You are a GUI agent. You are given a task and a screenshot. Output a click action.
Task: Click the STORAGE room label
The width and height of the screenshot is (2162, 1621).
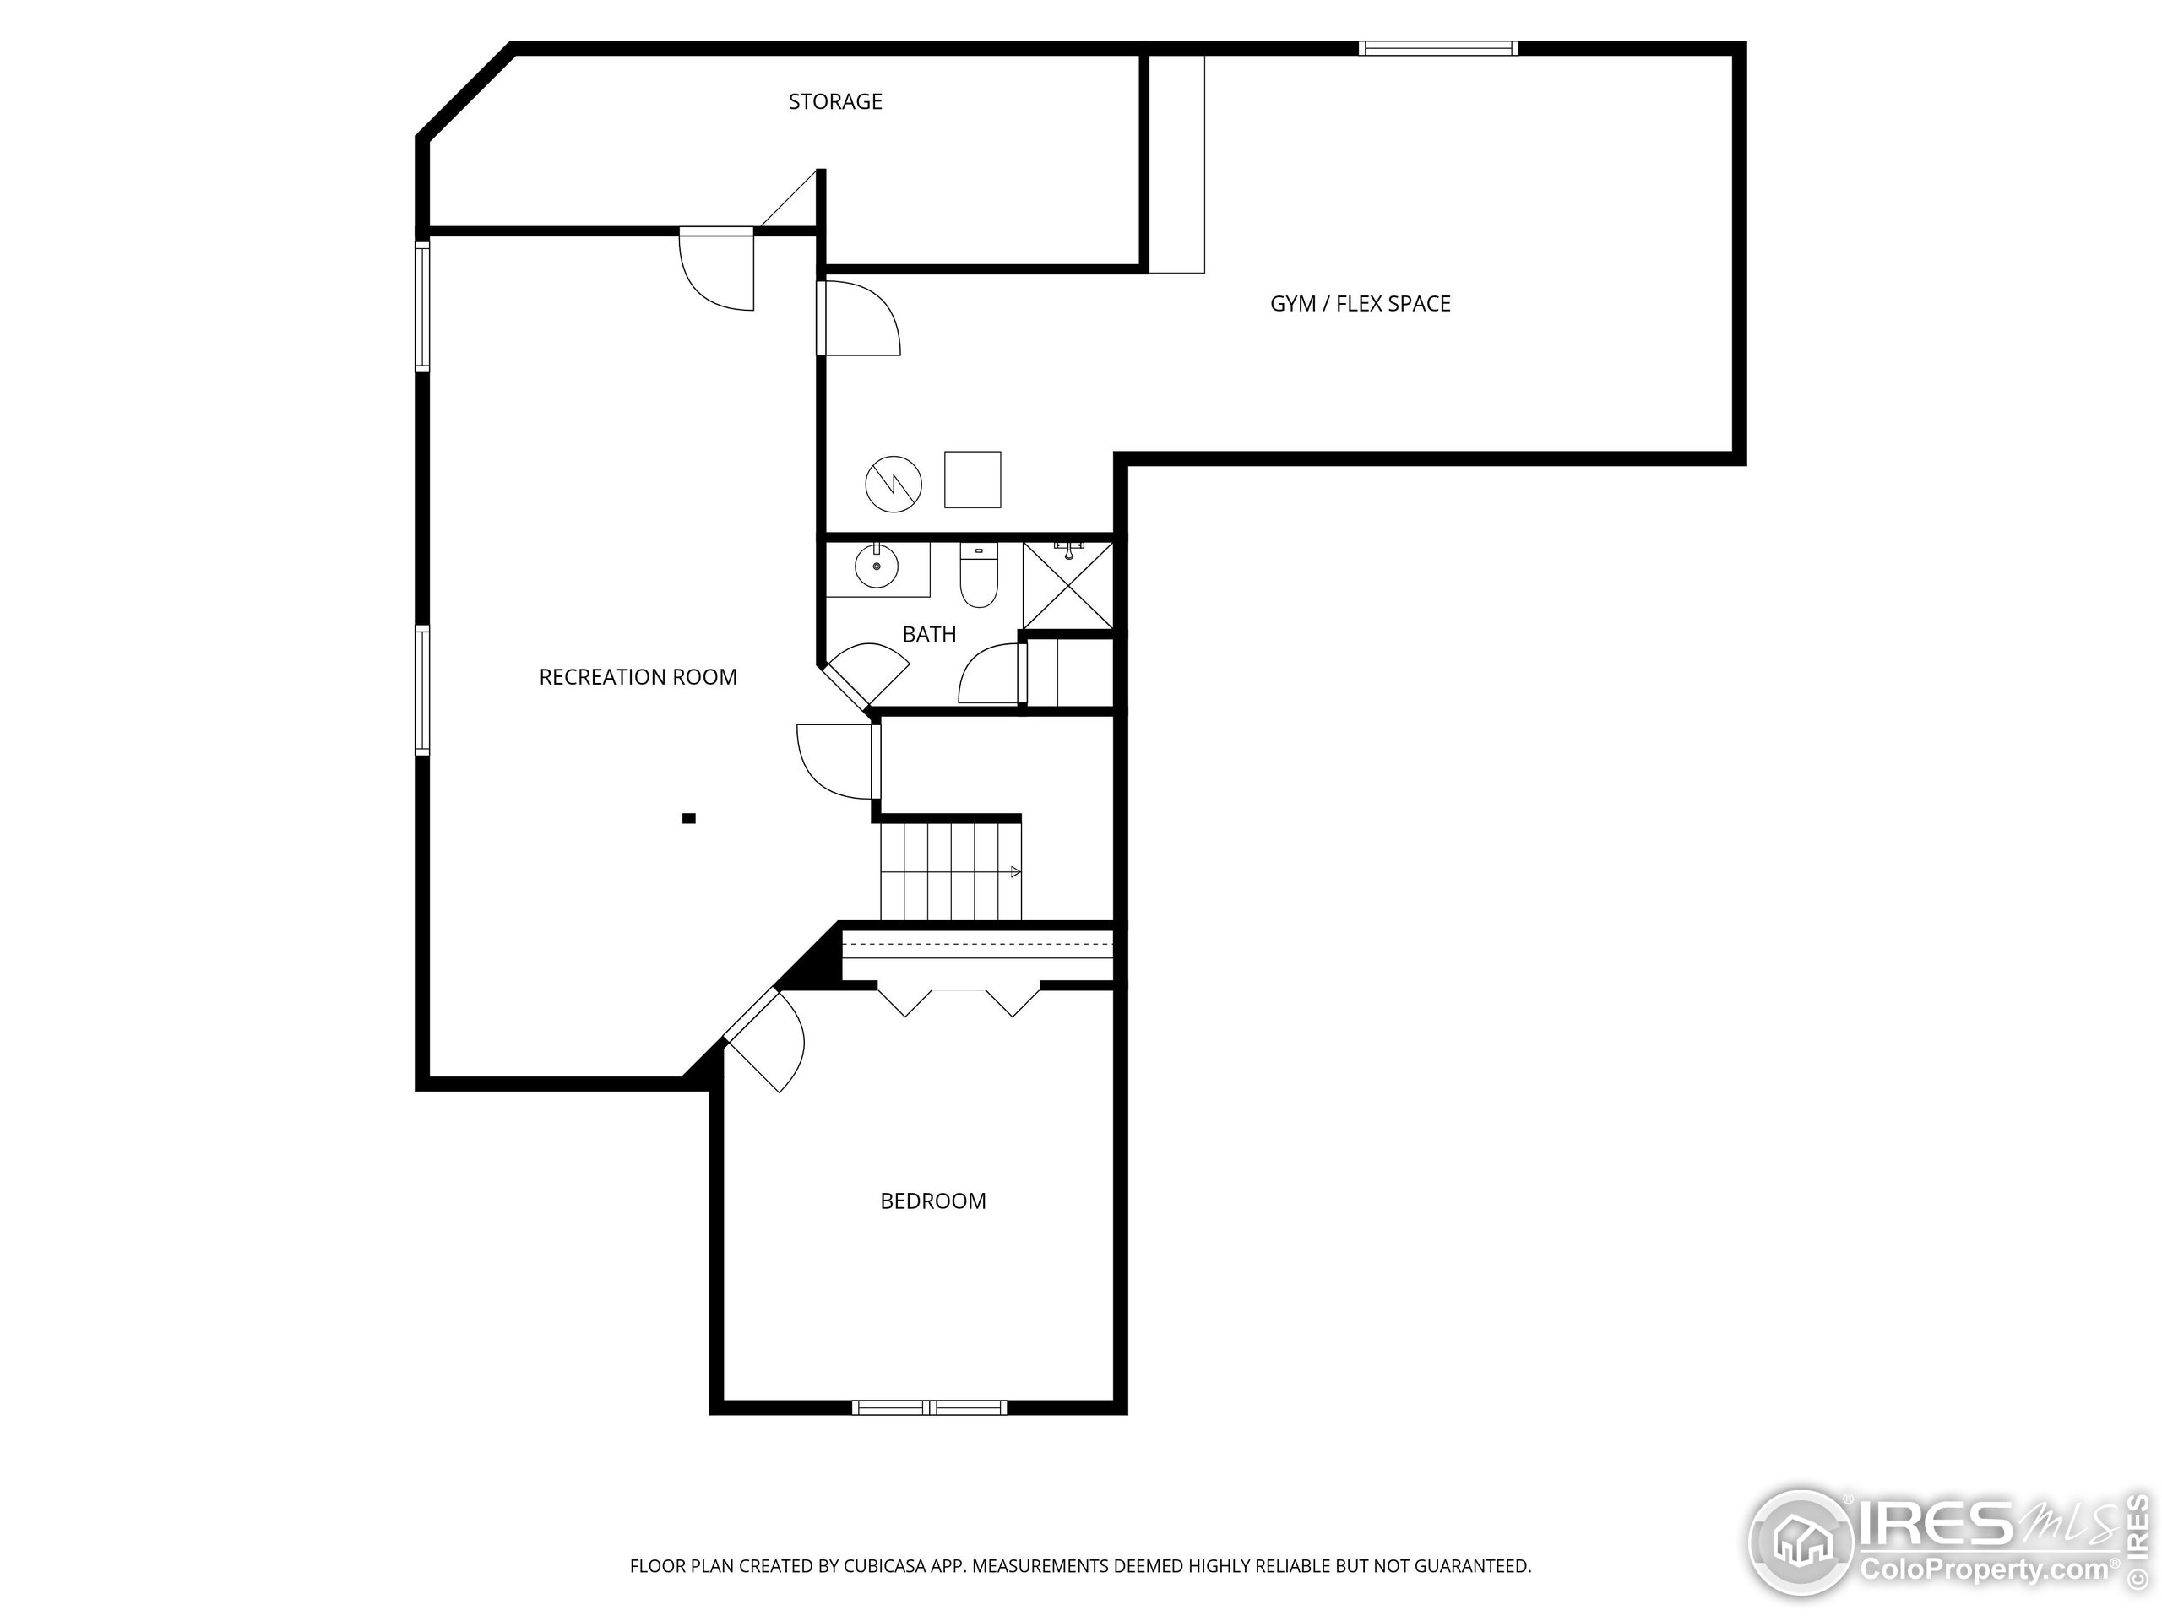(x=836, y=101)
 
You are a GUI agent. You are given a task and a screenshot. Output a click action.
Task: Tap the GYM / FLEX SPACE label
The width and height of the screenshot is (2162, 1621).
(x=1361, y=304)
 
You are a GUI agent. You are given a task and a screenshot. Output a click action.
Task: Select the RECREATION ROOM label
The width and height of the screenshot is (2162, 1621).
(x=638, y=677)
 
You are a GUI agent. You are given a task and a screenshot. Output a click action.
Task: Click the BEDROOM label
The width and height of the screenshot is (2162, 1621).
(x=933, y=1201)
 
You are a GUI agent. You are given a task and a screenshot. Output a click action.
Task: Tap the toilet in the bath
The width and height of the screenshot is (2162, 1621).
(x=978, y=576)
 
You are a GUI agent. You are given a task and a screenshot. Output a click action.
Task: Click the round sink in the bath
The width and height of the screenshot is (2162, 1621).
(x=876, y=565)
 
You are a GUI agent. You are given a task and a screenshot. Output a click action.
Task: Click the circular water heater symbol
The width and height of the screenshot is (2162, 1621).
(x=894, y=484)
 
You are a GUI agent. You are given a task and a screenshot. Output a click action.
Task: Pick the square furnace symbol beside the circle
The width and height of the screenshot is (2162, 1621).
(x=973, y=480)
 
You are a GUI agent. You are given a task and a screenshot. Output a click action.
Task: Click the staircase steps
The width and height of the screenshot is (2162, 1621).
(x=951, y=871)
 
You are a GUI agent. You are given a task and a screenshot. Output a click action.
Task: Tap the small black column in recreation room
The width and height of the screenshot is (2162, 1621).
(x=689, y=819)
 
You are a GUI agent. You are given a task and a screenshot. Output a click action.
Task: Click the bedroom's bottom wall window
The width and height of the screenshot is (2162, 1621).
(x=928, y=1408)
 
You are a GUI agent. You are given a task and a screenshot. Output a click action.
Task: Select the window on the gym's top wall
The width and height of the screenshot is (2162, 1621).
(x=1439, y=48)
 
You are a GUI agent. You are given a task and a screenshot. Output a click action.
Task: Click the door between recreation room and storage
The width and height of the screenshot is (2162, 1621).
(x=717, y=268)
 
